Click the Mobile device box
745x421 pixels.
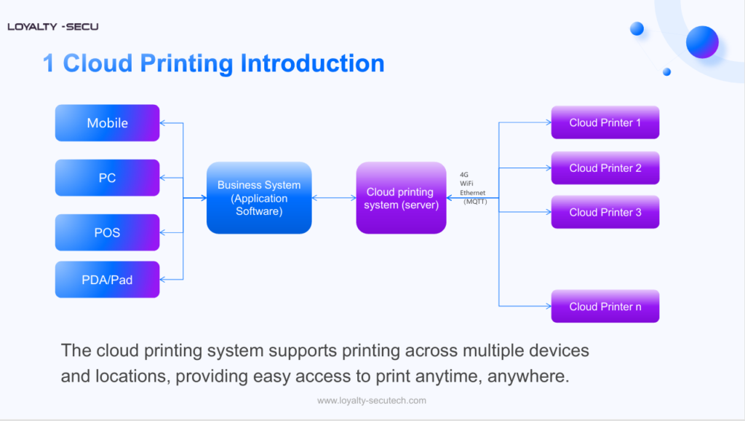coord(107,123)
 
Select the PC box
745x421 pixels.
coord(107,178)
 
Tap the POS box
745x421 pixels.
coord(107,232)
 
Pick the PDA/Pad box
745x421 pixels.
coord(107,279)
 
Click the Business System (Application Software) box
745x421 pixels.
coord(259,198)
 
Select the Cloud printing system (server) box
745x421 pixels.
coord(401,198)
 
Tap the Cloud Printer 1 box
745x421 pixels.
coord(605,122)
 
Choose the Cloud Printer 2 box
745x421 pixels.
coord(605,168)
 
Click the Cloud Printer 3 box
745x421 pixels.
coord(605,213)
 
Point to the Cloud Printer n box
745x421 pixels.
coord(605,307)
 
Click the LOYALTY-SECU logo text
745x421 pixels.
coord(52,27)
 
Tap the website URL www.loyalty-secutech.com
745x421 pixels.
coord(372,401)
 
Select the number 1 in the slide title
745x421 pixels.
coord(49,63)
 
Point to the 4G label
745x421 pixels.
coord(464,175)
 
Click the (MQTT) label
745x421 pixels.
coord(475,201)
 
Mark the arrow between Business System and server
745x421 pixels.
coord(334,198)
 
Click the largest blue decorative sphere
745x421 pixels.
coord(702,42)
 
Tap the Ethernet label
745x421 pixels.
coord(472,192)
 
